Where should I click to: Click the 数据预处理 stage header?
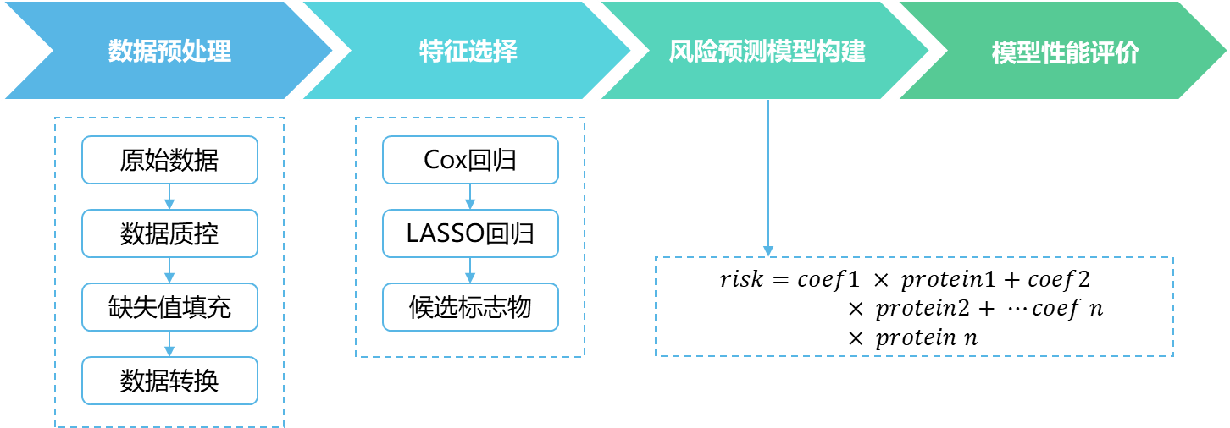click(x=169, y=52)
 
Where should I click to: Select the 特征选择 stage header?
click(x=468, y=52)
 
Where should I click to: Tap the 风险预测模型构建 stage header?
click(x=767, y=52)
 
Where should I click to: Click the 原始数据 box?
click(x=169, y=160)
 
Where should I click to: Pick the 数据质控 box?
click(x=169, y=233)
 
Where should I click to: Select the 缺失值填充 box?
click(x=169, y=307)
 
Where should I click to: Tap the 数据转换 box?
click(x=169, y=381)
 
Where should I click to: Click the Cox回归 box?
click(x=470, y=160)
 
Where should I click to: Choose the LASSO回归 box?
click(x=470, y=233)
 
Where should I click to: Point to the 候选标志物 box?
click(x=470, y=307)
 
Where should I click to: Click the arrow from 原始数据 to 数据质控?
click(x=169, y=197)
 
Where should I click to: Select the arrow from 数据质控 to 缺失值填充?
click(x=169, y=271)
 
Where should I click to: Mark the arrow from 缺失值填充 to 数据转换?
click(x=169, y=344)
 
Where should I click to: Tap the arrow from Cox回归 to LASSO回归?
click(x=470, y=197)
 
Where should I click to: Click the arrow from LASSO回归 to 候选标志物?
click(x=470, y=271)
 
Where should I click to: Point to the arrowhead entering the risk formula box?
click(x=767, y=251)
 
